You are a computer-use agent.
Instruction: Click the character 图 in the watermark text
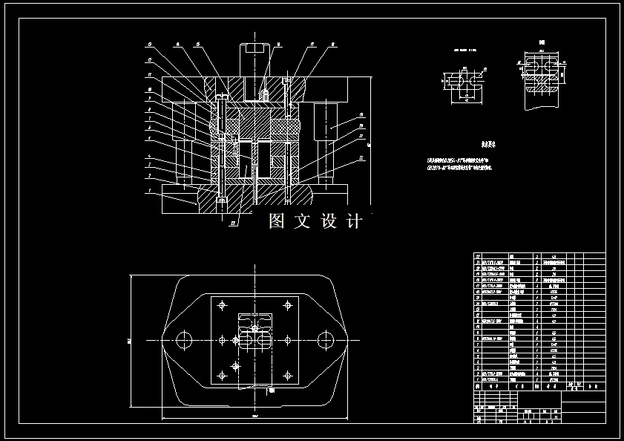[277, 220]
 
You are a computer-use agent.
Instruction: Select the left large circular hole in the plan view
[184, 340]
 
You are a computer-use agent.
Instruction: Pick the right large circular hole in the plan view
[324, 340]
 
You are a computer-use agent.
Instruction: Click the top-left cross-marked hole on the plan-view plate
[222, 305]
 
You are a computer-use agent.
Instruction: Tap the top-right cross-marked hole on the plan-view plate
[286, 305]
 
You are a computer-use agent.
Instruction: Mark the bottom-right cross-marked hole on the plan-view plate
[286, 375]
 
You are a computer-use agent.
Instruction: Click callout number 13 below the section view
[232, 222]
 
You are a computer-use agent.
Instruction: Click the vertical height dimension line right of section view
[368, 137]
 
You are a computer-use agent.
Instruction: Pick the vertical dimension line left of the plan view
[131, 340]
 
